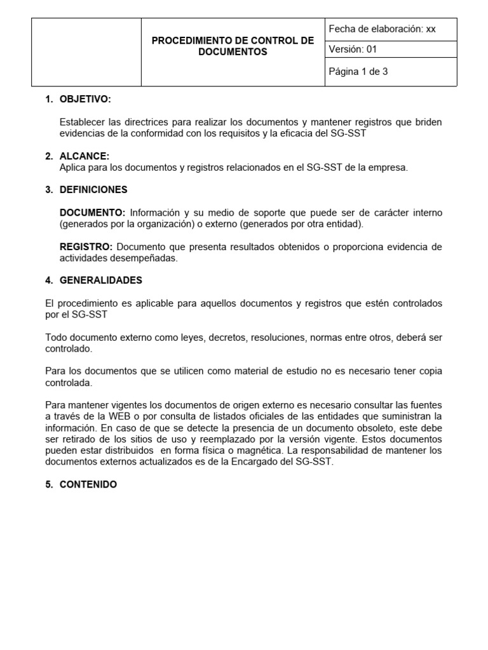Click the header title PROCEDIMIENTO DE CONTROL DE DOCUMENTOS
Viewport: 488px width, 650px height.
233,46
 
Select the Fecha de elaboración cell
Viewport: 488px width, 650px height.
382,29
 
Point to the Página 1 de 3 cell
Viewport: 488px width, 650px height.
358,72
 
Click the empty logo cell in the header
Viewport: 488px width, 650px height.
86,52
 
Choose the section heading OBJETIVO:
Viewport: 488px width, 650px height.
85,100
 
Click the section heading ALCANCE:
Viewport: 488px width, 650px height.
84,156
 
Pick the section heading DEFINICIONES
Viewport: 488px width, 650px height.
93,190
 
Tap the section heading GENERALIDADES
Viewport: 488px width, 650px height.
100,281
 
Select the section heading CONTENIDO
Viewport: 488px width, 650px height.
88,484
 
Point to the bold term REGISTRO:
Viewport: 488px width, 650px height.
86,247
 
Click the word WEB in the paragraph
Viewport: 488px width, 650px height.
123,416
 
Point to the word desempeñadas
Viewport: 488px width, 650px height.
146,258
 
